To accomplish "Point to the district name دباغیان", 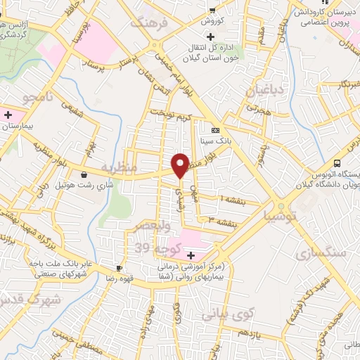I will [x=261, y=91].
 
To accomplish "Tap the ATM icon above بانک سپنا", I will [x=215, y=130].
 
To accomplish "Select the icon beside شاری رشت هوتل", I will [x=84, y=175].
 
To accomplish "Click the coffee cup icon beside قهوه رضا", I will [x=120, y=268].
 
